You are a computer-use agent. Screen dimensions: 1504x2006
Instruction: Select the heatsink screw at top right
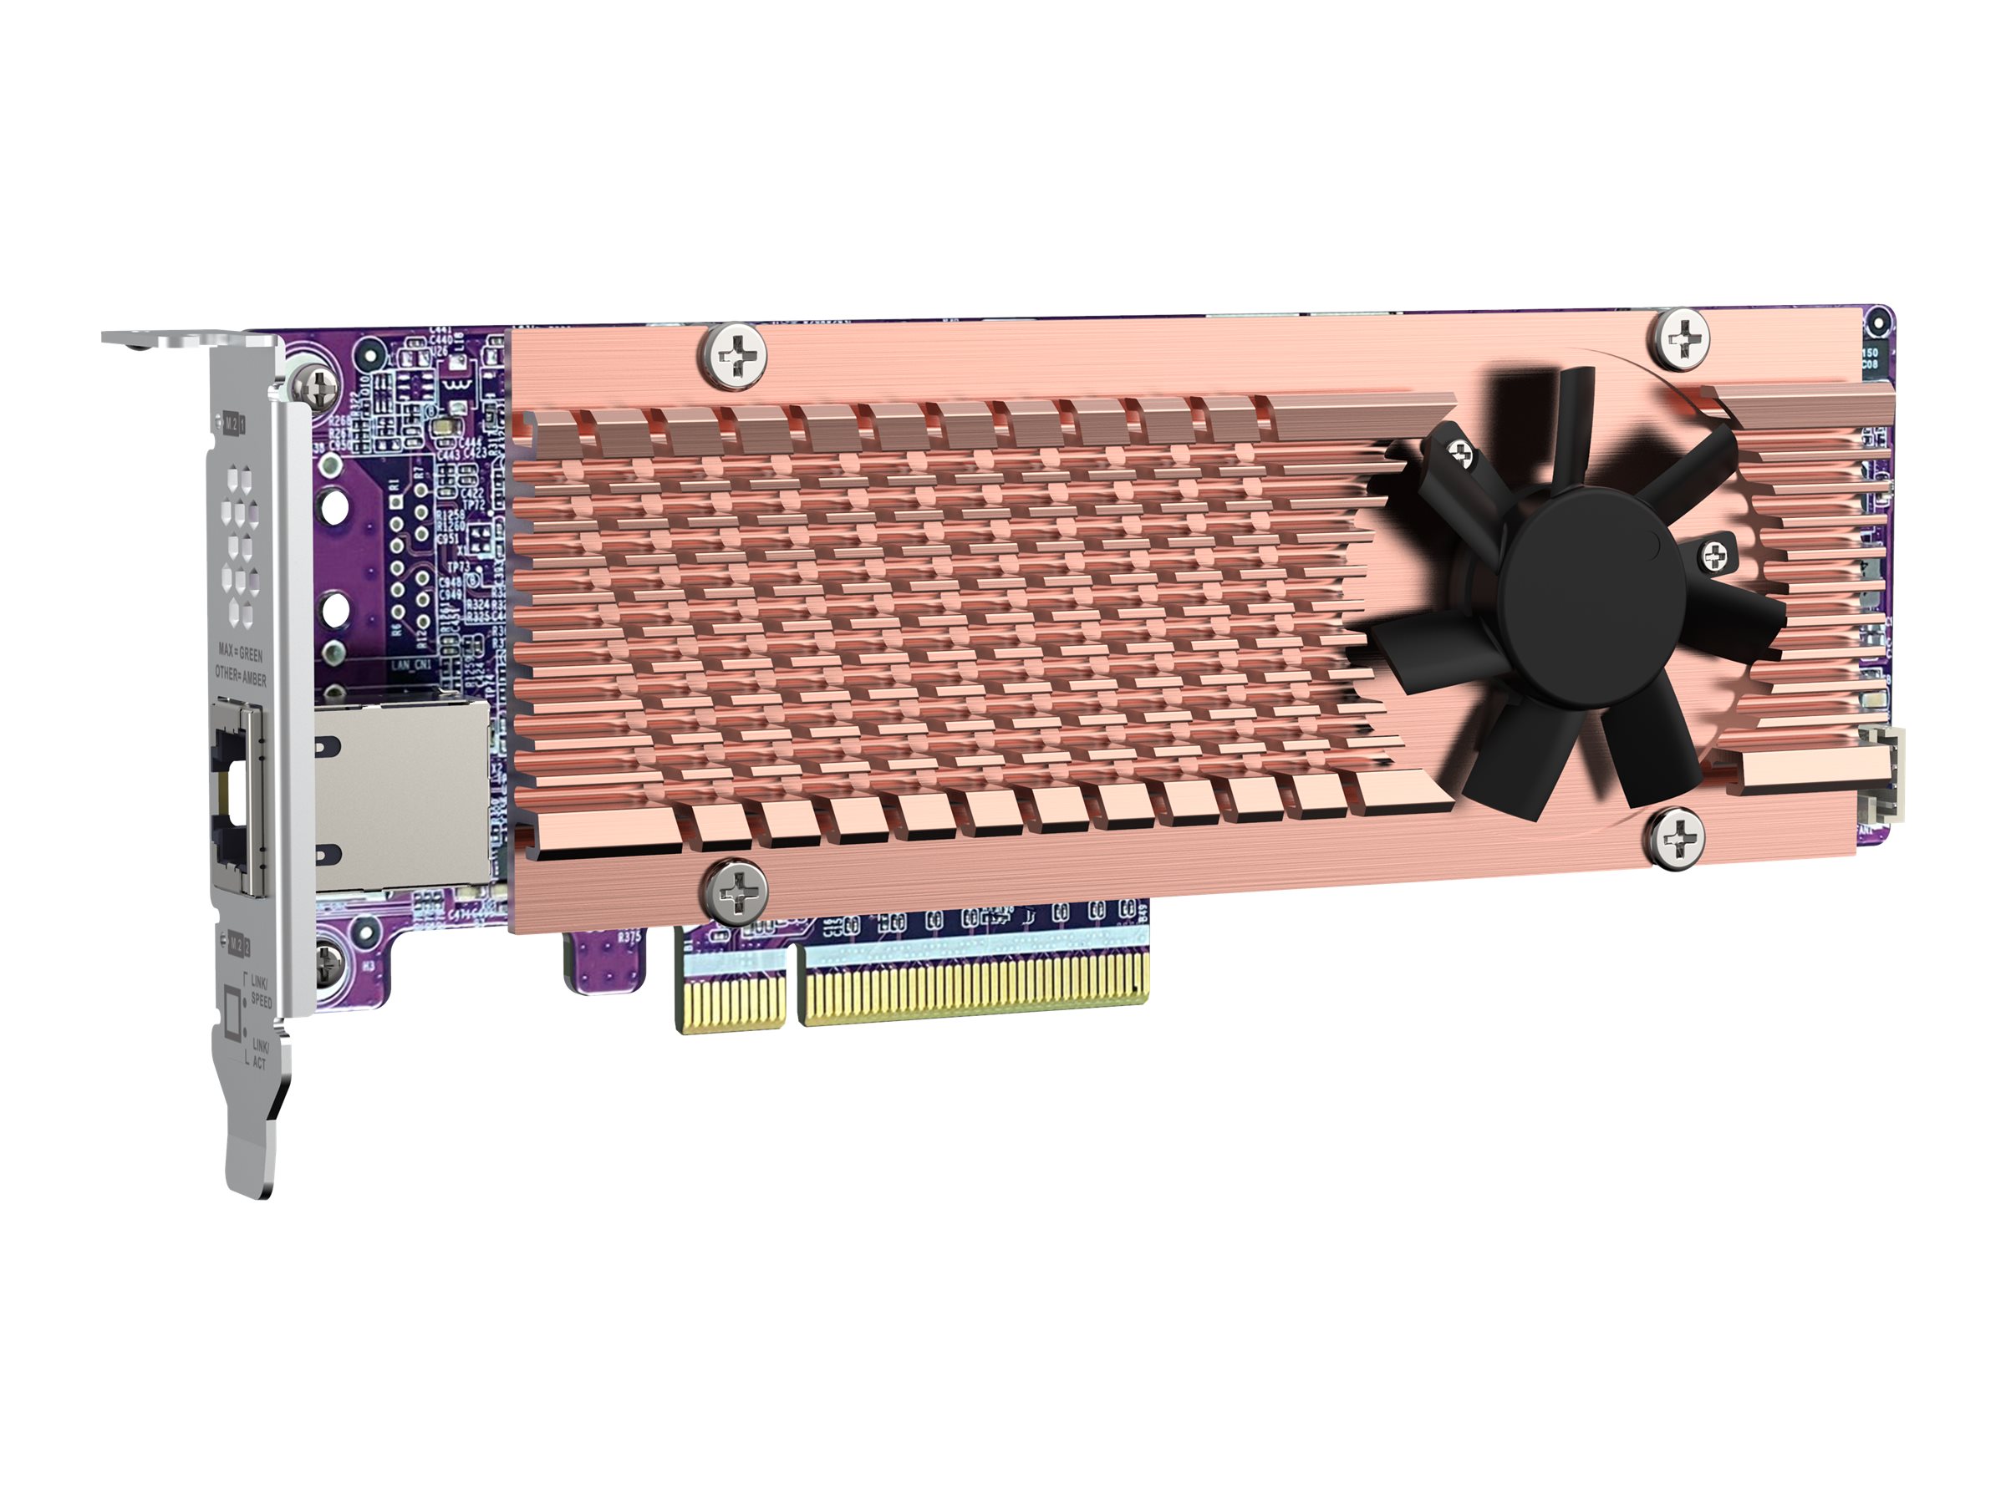(x=1683, y=339)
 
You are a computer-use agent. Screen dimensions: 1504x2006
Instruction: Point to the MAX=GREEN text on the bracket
(x=241, y=652)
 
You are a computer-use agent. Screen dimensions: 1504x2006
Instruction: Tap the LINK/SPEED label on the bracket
(x=259, y=991)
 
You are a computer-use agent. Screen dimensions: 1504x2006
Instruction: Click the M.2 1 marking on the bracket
(x=234, y=422)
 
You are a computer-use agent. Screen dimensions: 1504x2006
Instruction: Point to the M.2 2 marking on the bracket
(x=237, y=943)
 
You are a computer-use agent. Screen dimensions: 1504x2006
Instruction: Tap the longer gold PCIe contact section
(x=975, y=993)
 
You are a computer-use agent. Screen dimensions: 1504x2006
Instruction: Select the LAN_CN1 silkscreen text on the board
(x=411, y=665)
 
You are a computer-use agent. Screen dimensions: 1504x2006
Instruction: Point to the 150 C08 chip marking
(x=1879, y=358)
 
